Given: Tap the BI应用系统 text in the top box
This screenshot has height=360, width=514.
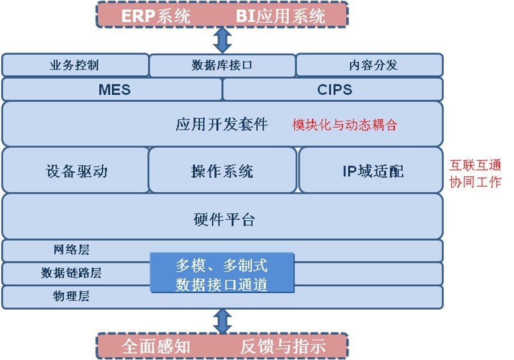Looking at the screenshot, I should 280,15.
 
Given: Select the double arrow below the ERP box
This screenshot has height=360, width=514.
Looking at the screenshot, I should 221,40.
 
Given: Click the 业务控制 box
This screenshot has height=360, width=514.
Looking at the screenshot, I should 75,65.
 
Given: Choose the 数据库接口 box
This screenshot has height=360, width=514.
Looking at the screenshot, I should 222,65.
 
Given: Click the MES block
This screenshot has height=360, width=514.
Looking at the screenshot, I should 112,90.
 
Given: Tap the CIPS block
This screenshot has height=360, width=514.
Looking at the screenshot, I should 333,90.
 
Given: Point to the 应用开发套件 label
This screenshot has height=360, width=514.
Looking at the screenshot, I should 221,124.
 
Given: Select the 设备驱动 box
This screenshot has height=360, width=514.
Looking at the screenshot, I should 75,171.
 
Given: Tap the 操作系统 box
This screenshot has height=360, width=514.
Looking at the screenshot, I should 222,171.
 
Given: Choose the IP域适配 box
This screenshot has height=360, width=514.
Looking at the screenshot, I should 371,171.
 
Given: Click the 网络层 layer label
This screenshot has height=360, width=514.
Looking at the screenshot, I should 71,250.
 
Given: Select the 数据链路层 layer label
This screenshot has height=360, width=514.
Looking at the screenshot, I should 71,273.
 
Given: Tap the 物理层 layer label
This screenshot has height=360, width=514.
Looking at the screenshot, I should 71,297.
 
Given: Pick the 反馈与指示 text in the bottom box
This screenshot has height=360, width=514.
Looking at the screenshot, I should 282,346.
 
